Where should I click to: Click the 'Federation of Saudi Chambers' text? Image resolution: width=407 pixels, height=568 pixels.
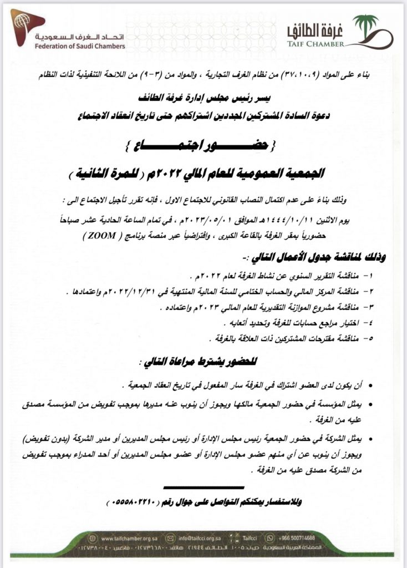(x=79, y=46)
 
